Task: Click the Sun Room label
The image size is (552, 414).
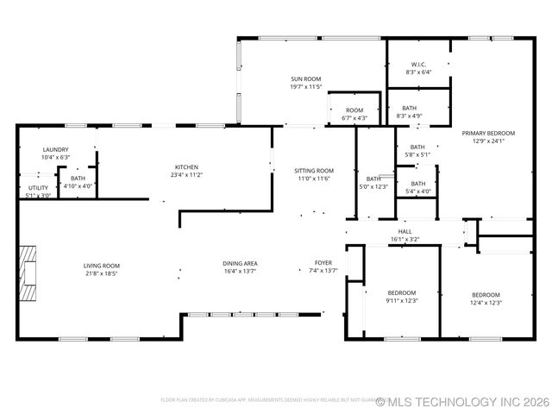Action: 306,78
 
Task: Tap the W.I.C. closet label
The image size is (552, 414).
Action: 418,64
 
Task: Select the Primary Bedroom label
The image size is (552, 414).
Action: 488,133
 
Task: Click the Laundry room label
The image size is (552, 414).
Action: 55,149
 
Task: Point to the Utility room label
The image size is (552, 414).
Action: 38,187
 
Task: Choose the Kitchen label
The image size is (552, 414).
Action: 187,166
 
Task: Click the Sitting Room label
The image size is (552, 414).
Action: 314,171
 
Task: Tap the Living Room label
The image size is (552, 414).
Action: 101,265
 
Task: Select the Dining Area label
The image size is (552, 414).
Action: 240,263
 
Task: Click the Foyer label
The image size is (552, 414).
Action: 323,263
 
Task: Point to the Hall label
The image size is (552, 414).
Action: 405,231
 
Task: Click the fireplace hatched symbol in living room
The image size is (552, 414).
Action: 29,273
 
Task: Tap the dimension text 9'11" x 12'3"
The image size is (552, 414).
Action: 401,301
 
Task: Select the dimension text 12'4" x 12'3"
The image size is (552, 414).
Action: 486,303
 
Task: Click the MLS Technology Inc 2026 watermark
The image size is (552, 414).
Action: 462,401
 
